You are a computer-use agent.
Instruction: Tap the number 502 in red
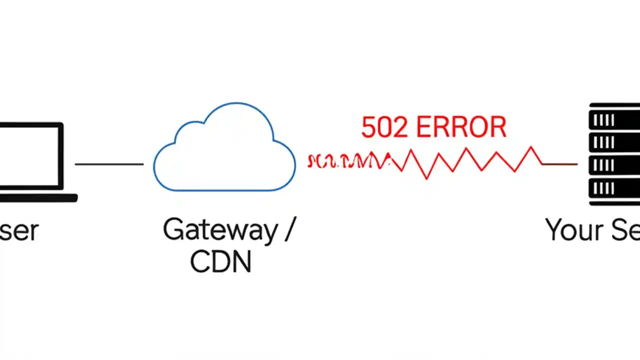pyautogui.click(x=385, y=127)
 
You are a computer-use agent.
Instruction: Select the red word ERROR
pyautogui.click(x=461, y=127)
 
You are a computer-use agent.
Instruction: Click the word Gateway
pyautogui.click(x=220, y=230)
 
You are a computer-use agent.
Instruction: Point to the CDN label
pyautogui.click(x=220, y=261)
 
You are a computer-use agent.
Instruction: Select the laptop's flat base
pyautogui.click(x=37, y=198)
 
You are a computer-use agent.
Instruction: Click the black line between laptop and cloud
pyautogui.click(x=109, y=163)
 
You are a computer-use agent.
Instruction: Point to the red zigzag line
pyautogui.click(x=470, y=161)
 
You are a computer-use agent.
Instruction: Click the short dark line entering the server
pyautogui.click(x=560, y=163)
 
